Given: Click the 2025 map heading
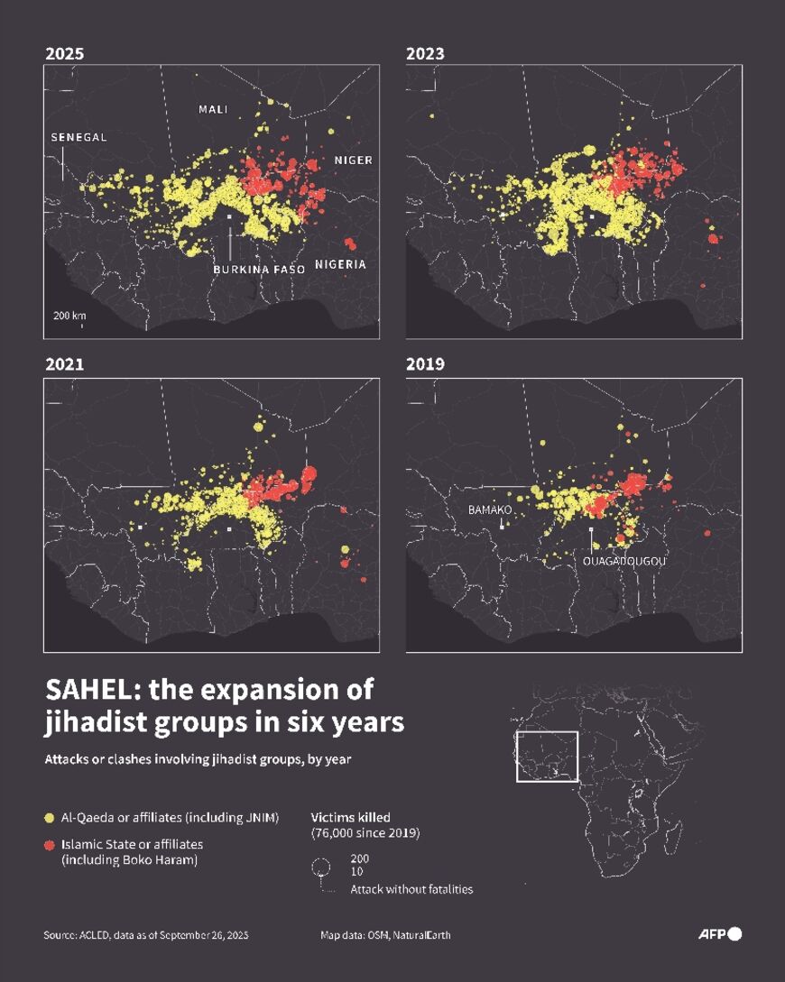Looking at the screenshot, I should point(64,54).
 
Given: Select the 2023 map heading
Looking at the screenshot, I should point(425,54).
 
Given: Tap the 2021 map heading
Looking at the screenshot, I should point(64,364).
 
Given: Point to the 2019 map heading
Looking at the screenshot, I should point(425,364).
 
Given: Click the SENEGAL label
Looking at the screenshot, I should point(78,137).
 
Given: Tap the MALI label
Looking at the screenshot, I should point(213,109).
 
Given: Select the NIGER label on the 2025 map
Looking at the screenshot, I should point(353,160).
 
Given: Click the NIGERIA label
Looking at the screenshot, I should point(341,264).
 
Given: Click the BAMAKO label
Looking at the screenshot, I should point(490,509).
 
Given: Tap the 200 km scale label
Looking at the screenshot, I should point(69,316).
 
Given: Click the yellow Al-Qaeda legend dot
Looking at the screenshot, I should point(50,818).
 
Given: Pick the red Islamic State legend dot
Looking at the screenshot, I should point(50,845).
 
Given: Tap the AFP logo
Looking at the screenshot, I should point(719,934).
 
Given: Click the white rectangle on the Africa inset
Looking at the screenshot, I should point(546,756).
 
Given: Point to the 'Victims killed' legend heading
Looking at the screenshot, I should point(350,817).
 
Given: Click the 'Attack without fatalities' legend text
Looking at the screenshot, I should point(411,889).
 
